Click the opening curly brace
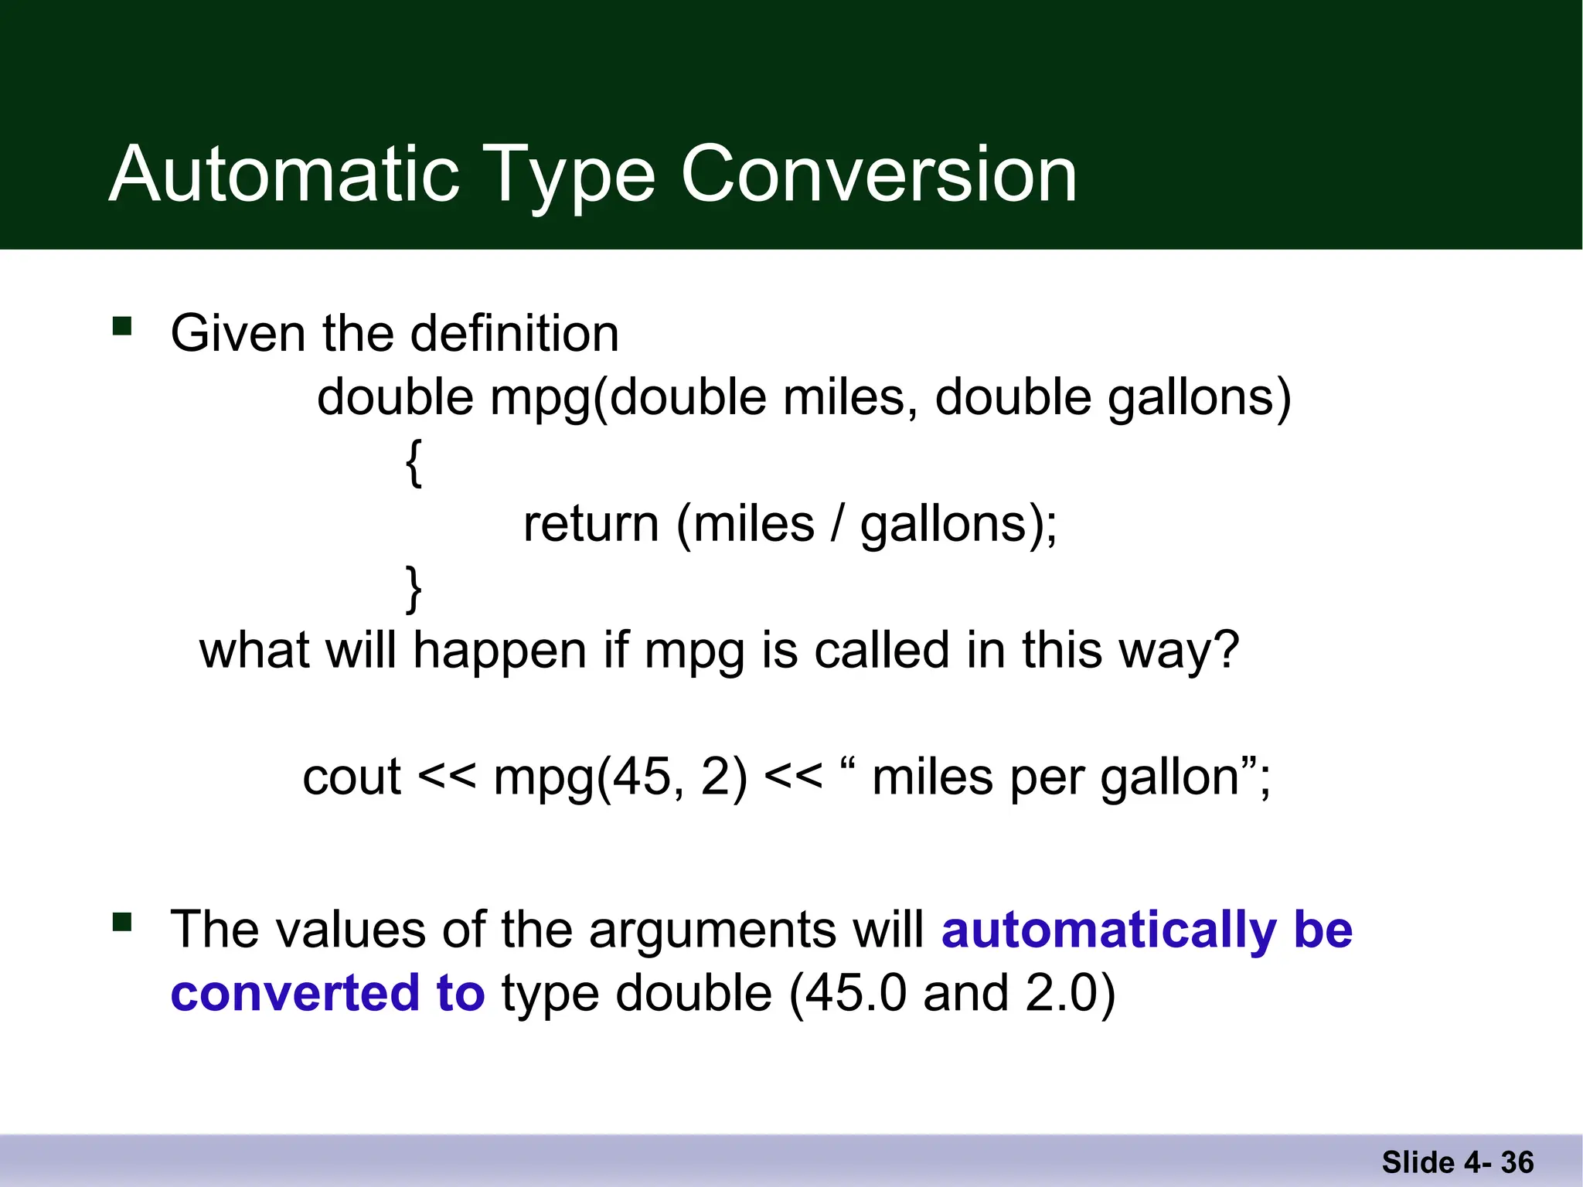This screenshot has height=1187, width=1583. (414, 462)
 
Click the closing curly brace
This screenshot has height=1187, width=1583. (414, 589)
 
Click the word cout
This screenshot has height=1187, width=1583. (352, 777)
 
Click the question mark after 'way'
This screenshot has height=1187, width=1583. (1226, 650)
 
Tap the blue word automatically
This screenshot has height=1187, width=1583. (1108, 930)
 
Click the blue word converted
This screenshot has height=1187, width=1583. (294, 993)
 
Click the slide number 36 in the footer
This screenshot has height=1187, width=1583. (1517, 1162)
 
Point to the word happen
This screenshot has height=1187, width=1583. (500, 651)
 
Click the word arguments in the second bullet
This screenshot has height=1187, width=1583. (712, 931)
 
